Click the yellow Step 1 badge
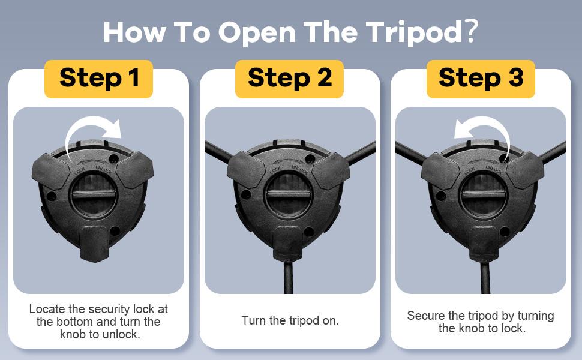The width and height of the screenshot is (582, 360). (99, 79)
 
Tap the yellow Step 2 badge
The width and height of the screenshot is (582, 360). (290, 79)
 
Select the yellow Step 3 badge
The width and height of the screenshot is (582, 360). (481, 79)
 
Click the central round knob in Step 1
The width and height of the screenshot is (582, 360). (94, 195)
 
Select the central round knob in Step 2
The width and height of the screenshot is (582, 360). (289, 195)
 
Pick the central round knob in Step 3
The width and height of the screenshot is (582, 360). (483, 195)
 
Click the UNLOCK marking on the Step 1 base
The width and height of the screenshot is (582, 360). (104, 170)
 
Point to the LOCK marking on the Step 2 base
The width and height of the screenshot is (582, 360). (276, 170)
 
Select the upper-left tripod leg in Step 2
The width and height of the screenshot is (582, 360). (219, 151)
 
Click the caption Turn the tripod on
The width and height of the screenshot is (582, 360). (290, 320)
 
